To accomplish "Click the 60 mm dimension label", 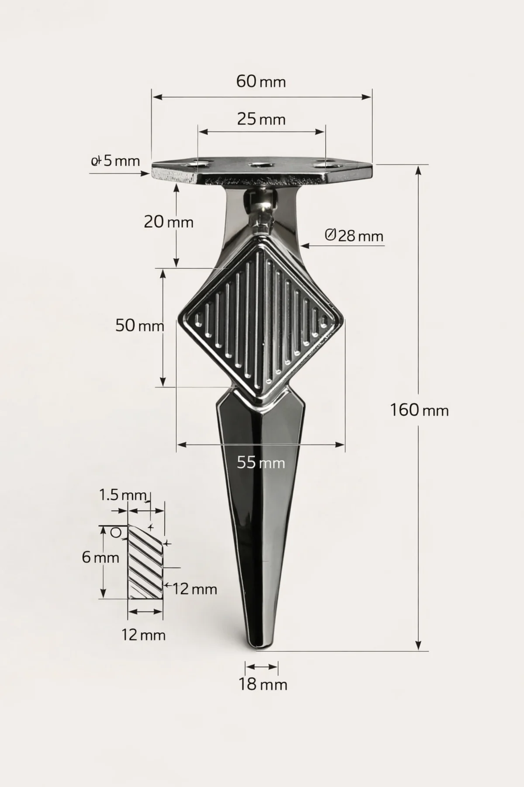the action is pyautogui.click(x=261, y=81).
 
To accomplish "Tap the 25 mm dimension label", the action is pyautogui.click(x=261, y=119).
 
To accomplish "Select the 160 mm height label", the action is pyautogui.click(x=419, y=410).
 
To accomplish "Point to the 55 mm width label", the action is pyautogui.click(x=261, y=462).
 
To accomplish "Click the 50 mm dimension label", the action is pyautogui.click(x=140, y=325).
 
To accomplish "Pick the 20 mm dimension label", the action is pyautogui.click(x=169, y=222).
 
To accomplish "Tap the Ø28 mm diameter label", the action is pyautogui.click(x=354, y=236).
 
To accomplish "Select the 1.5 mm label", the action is pyautogui.click(x=123, y=495).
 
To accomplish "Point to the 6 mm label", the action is pyautogui.click(x=100, y=557).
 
